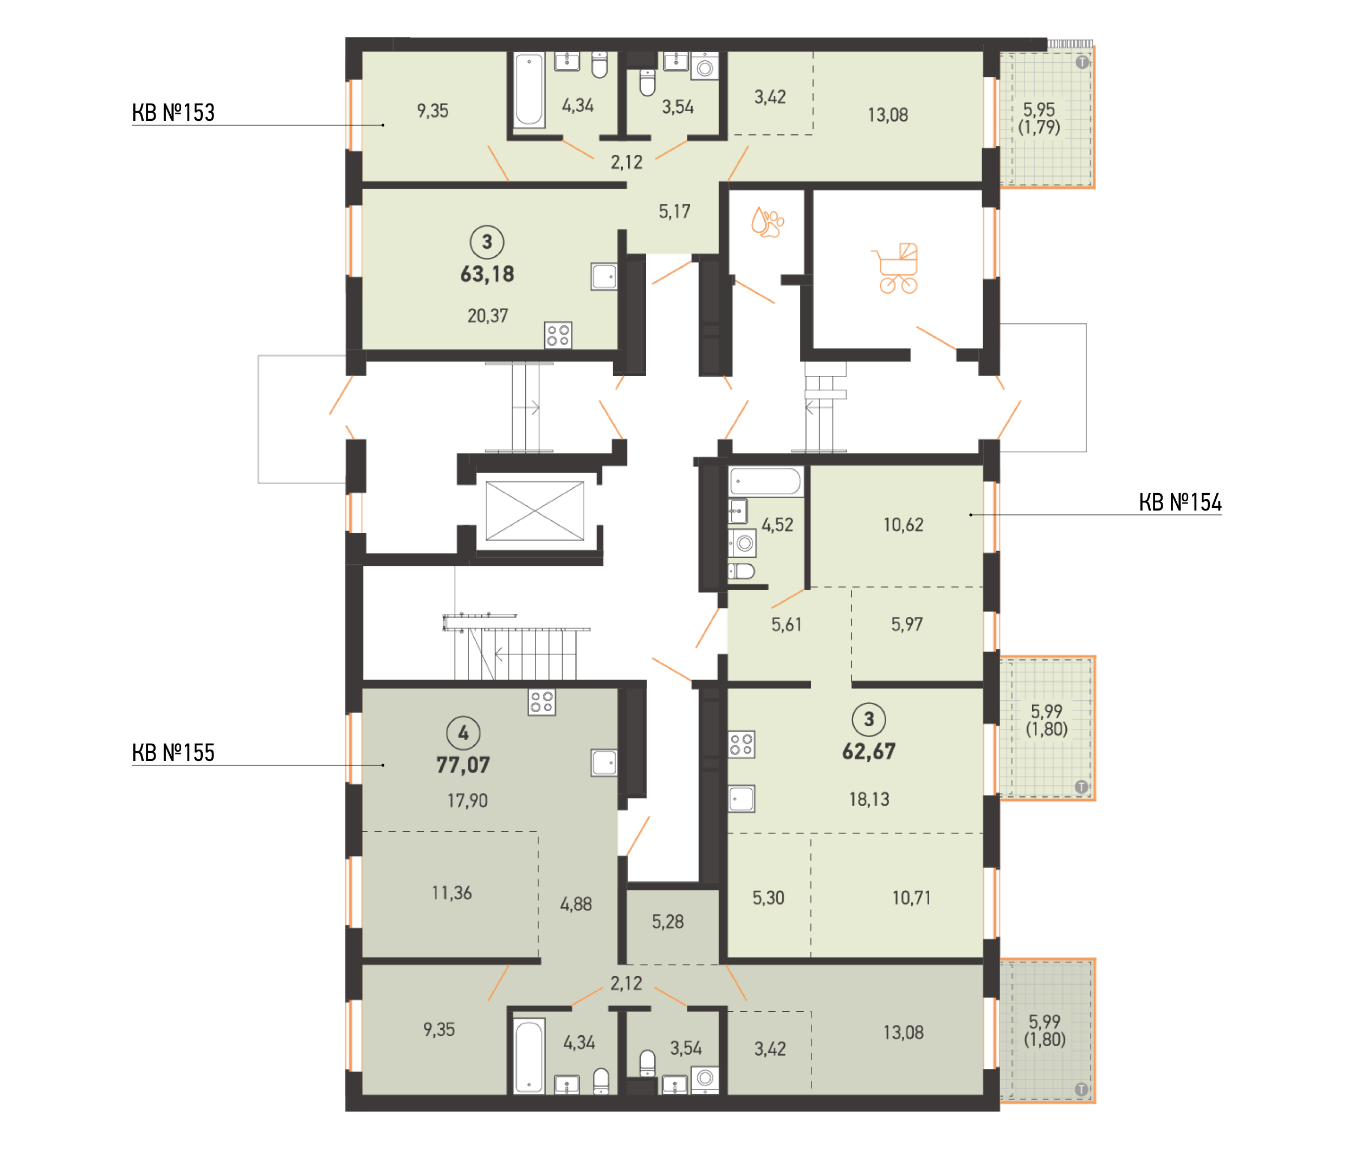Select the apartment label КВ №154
point(1179,502)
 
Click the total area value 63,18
point(487,274)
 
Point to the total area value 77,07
point(463,765)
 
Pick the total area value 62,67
point(869,752)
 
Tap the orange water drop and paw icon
point(767,222)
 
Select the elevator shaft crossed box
point(534,511)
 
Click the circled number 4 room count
point(463,733)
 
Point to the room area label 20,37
point(487,316)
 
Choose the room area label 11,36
point(452,893)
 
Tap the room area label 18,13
point(869,799)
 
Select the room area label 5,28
point(668,922)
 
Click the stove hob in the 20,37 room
point(558,335)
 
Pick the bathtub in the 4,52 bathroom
point(765,482)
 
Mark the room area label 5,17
point(674,212)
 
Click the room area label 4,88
point(576,904)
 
